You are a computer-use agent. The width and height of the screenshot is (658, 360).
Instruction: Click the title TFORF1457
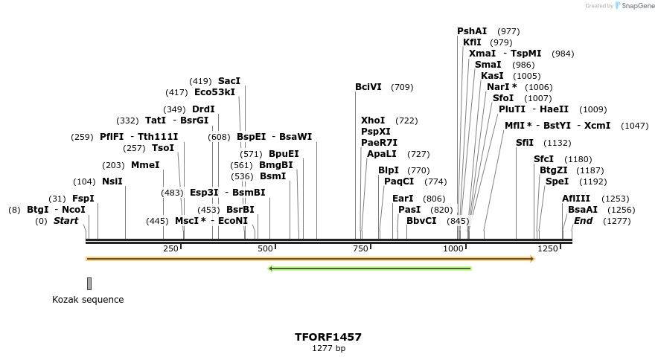(x=328, y=337)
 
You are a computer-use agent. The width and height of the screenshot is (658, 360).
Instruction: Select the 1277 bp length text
(x=328, y=348)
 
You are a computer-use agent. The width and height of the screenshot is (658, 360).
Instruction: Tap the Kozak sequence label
(x=88, y=300)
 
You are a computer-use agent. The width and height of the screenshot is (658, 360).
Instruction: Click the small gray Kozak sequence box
(x=89, y=283)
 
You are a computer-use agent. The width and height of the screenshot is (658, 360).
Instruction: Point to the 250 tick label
(x=170, y=248)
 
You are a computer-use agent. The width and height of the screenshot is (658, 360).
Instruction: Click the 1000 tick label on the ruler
(x=454, y=248)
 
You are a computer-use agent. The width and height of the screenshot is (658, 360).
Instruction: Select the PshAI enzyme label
(x=472, y=31)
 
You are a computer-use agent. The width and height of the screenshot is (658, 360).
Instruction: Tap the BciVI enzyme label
(x=368, y=87)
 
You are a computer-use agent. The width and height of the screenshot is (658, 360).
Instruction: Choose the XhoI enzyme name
(x=373, y=120)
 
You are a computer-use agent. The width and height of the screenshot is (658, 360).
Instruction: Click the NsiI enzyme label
(x=112, y=181)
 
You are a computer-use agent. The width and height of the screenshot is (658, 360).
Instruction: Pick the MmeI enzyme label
(x=145, y=165)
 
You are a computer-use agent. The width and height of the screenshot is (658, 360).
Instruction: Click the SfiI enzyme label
(x=525, y=143)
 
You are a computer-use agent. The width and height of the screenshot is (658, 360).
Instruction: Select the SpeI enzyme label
(x=557, y=181)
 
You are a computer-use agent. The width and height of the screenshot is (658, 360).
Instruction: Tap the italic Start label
(x=66, y=221)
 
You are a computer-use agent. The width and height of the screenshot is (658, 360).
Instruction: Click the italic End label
(x=583, y=221)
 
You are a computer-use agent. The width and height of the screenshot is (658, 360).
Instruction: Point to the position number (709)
(x=402, y=88)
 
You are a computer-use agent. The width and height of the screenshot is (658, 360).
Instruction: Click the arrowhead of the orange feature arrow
(x=532, y=259)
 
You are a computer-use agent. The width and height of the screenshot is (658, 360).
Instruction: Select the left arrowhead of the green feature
(x=271, y=269)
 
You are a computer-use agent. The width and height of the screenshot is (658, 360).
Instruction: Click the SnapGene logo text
(x=635, y=6)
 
